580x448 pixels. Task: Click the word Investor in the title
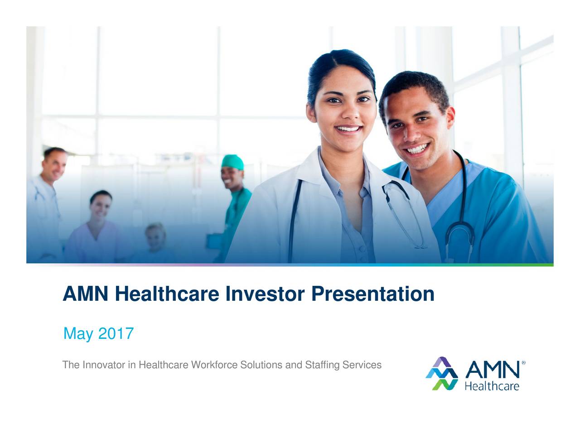[265, 294]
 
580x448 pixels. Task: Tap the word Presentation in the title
[372, 294]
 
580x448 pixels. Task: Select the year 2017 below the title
[116, 334]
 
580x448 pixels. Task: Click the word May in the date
[78, 335]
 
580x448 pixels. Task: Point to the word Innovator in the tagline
[104, 365]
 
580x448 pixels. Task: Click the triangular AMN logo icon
[442, 374]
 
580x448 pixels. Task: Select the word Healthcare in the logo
[492, 386]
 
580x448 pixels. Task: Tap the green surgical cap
[232, 161]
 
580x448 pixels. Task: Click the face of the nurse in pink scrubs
[101, 206]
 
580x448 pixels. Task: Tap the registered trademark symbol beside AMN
[524, 363]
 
